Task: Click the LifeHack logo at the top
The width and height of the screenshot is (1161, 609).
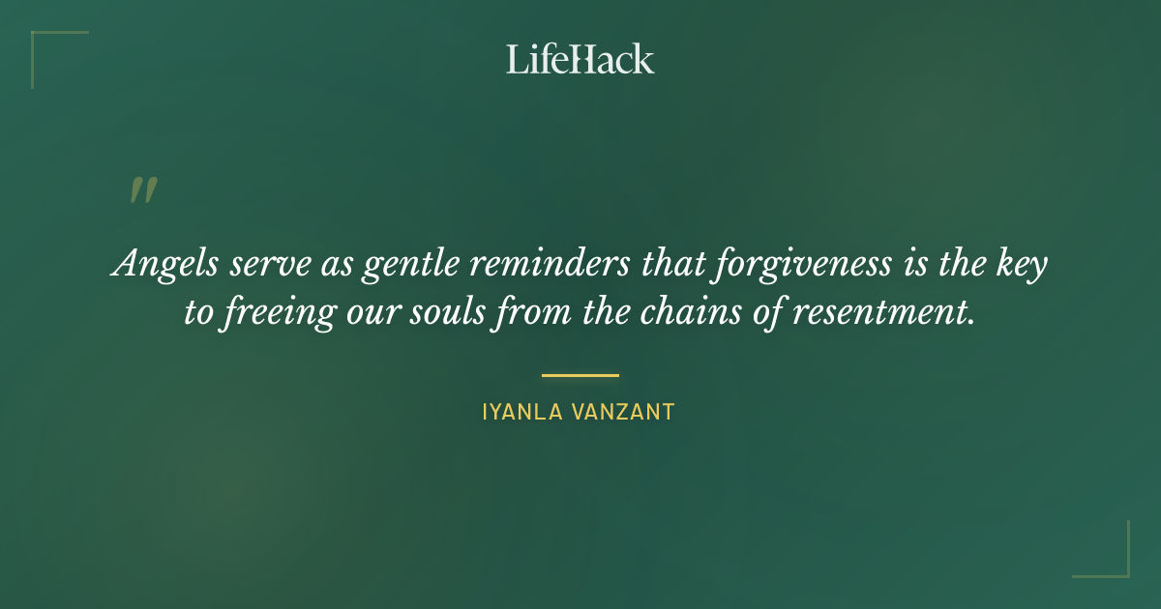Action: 580,59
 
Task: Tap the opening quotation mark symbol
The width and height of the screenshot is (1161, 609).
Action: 142,190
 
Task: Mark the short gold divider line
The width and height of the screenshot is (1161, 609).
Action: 580,375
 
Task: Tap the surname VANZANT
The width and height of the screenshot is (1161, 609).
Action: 625,413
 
